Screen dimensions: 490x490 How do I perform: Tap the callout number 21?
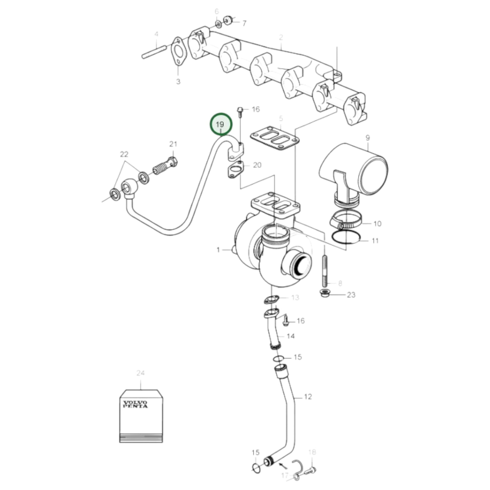[x=173, y=144]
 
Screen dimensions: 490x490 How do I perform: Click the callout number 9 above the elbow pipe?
[x=368, y=138]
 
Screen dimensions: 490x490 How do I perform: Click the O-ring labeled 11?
[x=346, y=238]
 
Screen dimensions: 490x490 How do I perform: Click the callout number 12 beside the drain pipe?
[x=308, y=396]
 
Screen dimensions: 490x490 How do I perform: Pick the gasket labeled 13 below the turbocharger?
[x=272, y=300]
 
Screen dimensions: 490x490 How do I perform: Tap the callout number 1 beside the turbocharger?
[x=218, y=250]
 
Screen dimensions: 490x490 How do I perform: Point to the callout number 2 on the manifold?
[x=281, y=38]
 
